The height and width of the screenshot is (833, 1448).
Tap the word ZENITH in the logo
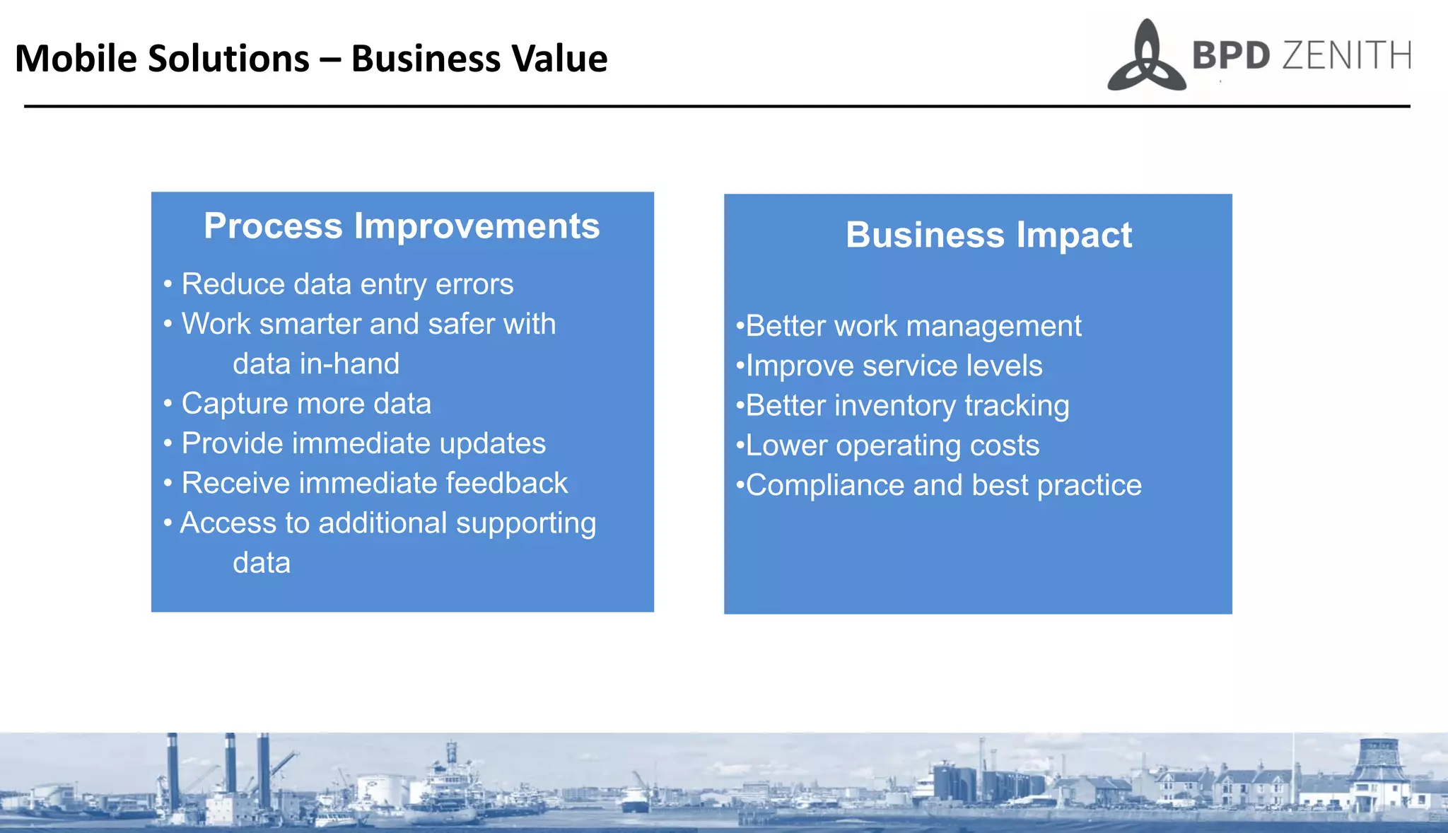(x=1345, y=57)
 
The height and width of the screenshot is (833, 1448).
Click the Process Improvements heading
(x=402, y=226)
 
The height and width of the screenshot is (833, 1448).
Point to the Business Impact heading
(x=988, y=235)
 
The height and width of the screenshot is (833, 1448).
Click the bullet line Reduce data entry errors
(x=346, y=284)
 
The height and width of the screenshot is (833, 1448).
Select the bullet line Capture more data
(x=305, y=404)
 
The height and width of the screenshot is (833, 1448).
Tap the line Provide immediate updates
(x=363, y=443)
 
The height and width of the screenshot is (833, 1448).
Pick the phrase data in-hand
(x=316, y=364)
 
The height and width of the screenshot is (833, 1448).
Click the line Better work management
(x=913, y=326)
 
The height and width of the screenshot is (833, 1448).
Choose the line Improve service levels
(x=894, y=366)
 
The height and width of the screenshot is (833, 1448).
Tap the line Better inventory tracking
(x=906, y=406)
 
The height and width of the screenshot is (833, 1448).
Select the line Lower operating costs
(x=892, y=445)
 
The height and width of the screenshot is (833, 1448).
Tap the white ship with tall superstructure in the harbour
(x=450, y=781)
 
